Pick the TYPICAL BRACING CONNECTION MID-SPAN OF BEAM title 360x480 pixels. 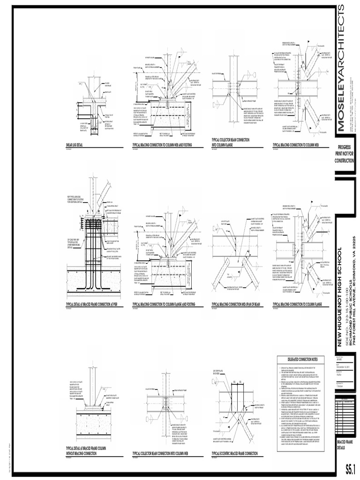235,304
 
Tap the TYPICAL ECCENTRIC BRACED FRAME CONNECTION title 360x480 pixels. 234,453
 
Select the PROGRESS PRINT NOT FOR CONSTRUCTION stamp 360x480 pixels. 345,154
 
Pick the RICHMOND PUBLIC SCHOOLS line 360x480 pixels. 350,286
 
